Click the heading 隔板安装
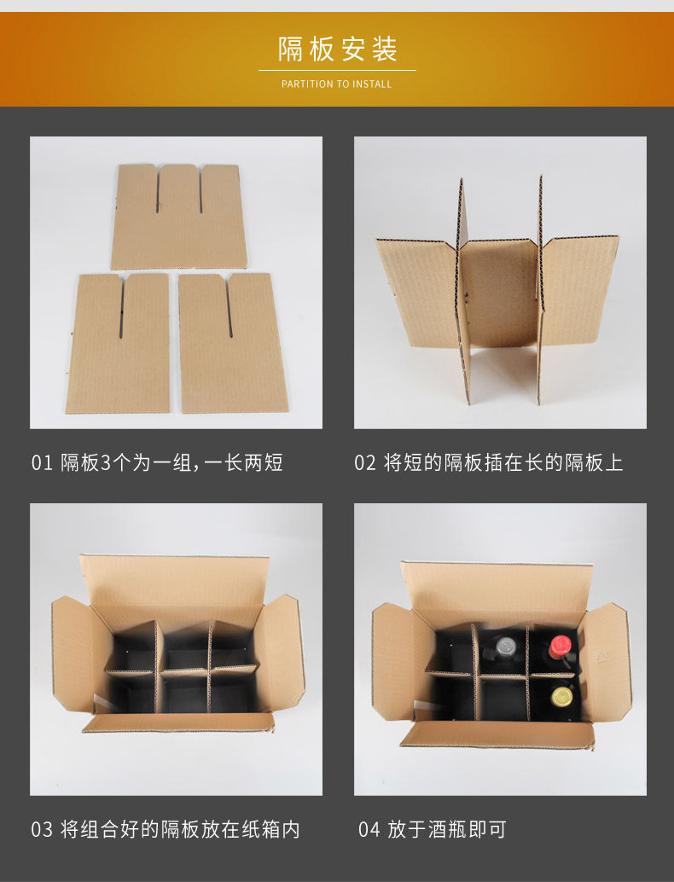338,49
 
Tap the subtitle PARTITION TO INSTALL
336,84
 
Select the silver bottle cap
505,647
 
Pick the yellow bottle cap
561,696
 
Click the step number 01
42,463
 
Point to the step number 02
365,463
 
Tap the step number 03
42,830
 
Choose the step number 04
369,830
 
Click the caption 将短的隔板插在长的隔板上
503,463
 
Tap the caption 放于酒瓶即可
447,830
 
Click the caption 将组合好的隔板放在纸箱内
180,830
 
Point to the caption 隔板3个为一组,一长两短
171,463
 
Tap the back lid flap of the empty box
174,585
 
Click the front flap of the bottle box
497,734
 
